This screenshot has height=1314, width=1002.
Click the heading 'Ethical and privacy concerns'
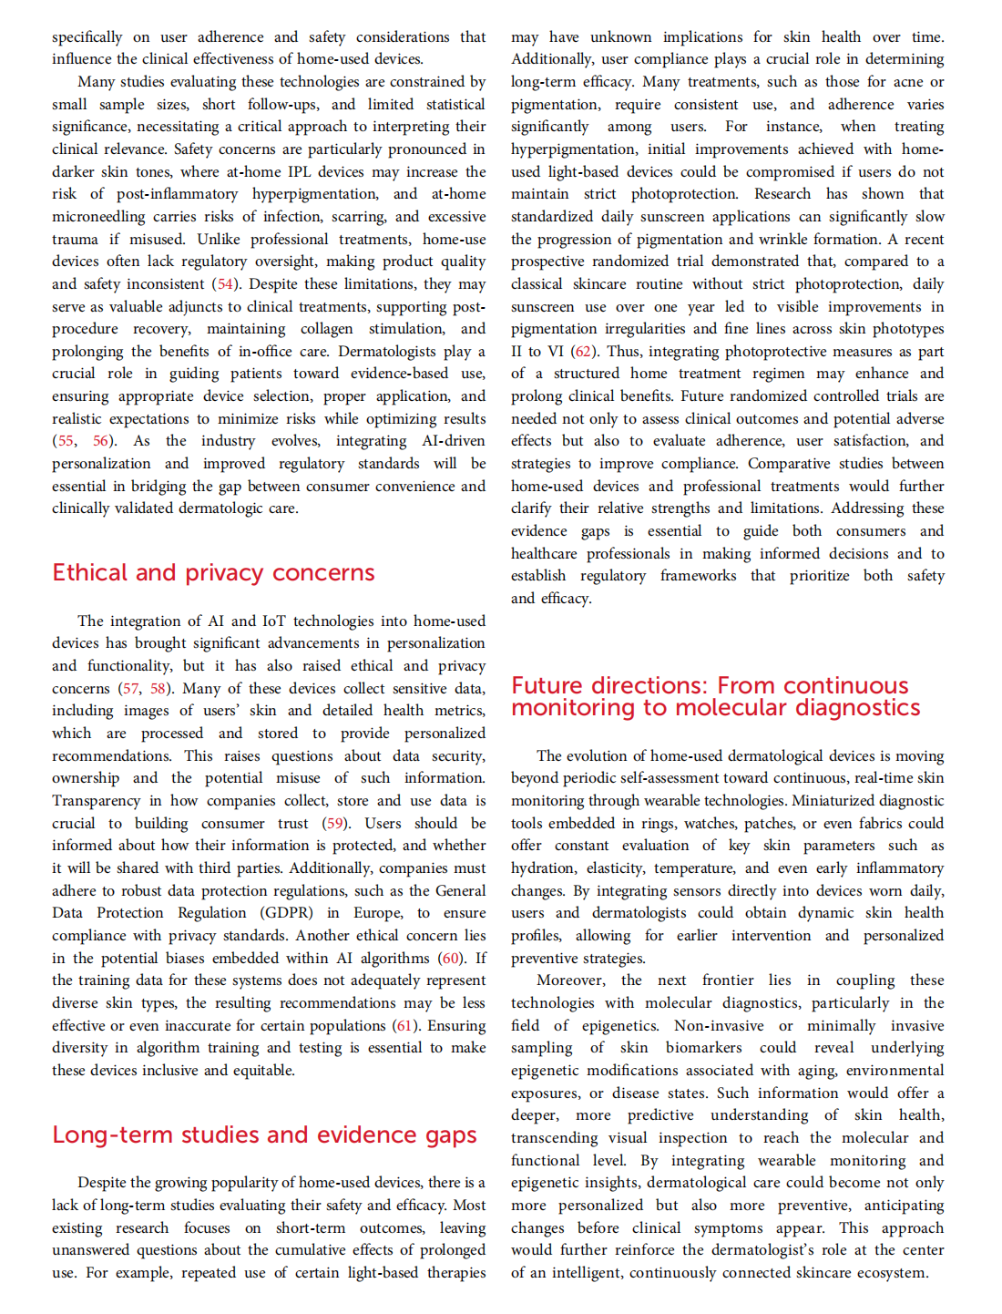click(213, 572)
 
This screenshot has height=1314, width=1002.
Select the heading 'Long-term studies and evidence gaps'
click(264, 1134)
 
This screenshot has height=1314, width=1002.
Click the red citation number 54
click(225, 284)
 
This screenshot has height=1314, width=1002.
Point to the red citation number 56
click(101, 441)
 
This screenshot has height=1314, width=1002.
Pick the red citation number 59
click(335, 823)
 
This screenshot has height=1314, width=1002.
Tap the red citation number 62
click(583, 352)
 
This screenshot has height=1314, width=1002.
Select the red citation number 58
click(158, 688)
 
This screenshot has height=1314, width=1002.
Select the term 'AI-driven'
click(453, 441)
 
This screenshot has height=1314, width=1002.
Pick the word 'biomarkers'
click(705, 1048)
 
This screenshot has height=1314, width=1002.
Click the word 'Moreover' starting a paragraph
click(570, 980)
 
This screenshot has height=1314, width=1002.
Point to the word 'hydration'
click(543, 868)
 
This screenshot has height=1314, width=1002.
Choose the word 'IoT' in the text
click(273, 621)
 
